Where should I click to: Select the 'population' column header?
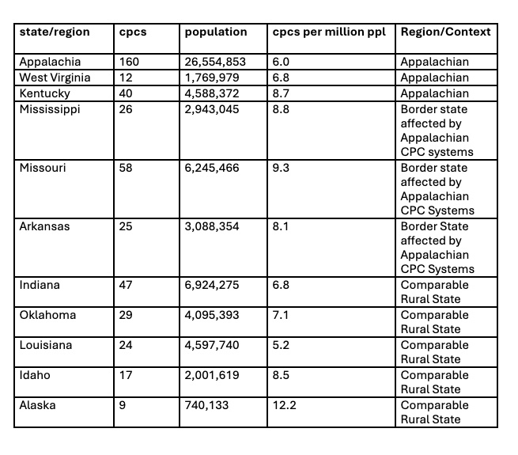216,32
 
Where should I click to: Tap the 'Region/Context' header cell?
445,32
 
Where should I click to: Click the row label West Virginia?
55,78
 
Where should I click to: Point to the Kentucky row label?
44,93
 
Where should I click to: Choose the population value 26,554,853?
215,62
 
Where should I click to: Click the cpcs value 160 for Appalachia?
128,62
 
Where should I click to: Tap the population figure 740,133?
207,405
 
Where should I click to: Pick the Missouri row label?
44,168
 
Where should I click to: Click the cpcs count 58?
126,168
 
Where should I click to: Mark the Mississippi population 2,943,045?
212,109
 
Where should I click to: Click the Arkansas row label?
45,226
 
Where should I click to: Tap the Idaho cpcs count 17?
125,375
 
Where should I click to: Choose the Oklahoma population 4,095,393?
212,315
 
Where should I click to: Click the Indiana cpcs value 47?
126,285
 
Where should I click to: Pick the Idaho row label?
36,375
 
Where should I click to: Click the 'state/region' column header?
55,32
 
